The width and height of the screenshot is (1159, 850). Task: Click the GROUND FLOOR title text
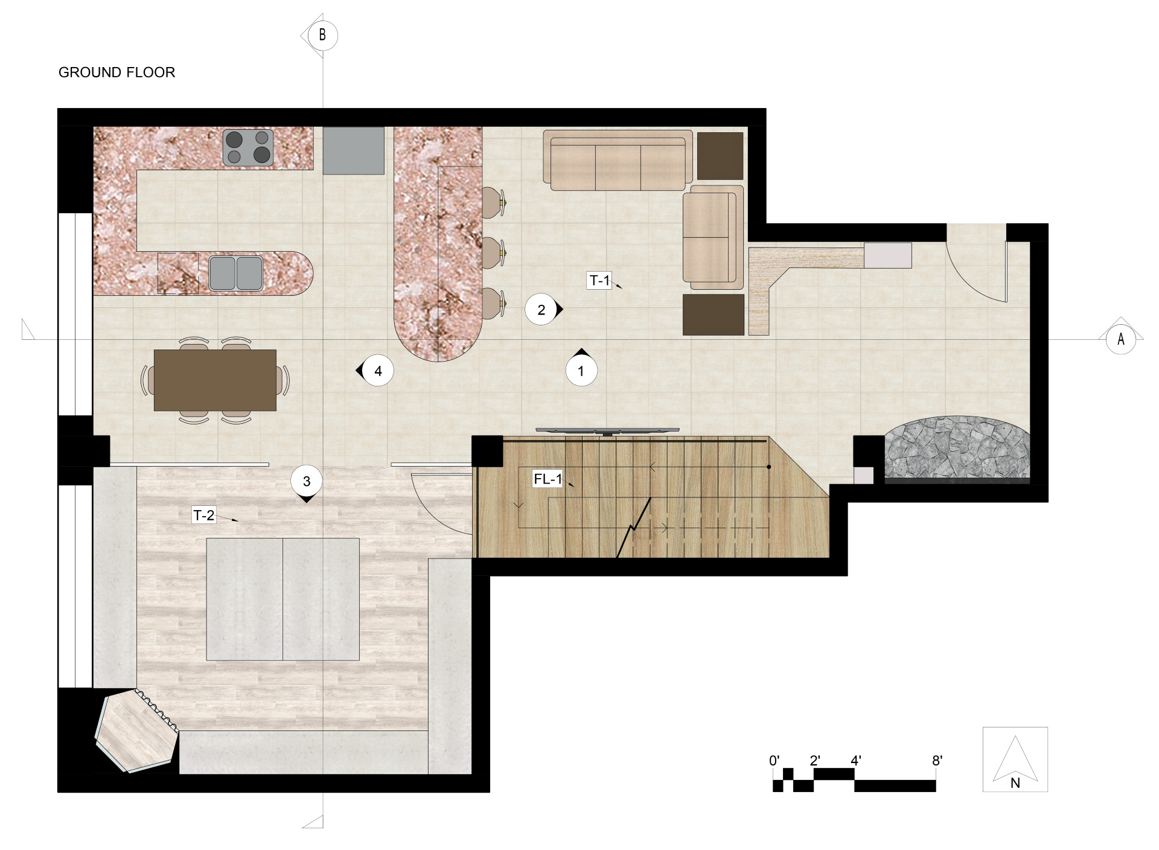117,72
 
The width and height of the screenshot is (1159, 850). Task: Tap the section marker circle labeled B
322,36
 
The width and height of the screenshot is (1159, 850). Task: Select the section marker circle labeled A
1121,339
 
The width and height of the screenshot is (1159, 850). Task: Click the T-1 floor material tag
599,281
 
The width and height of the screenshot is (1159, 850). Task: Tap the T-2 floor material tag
203,516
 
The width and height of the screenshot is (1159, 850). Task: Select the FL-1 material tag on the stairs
548,480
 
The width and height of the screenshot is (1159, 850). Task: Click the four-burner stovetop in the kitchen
248,147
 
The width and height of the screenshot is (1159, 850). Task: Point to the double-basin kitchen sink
236,273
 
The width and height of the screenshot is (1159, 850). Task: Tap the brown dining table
215,380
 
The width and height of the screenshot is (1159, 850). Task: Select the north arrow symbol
1015,759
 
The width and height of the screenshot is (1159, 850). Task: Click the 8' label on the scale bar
937,761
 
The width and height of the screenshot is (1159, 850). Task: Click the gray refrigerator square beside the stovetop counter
354,150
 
